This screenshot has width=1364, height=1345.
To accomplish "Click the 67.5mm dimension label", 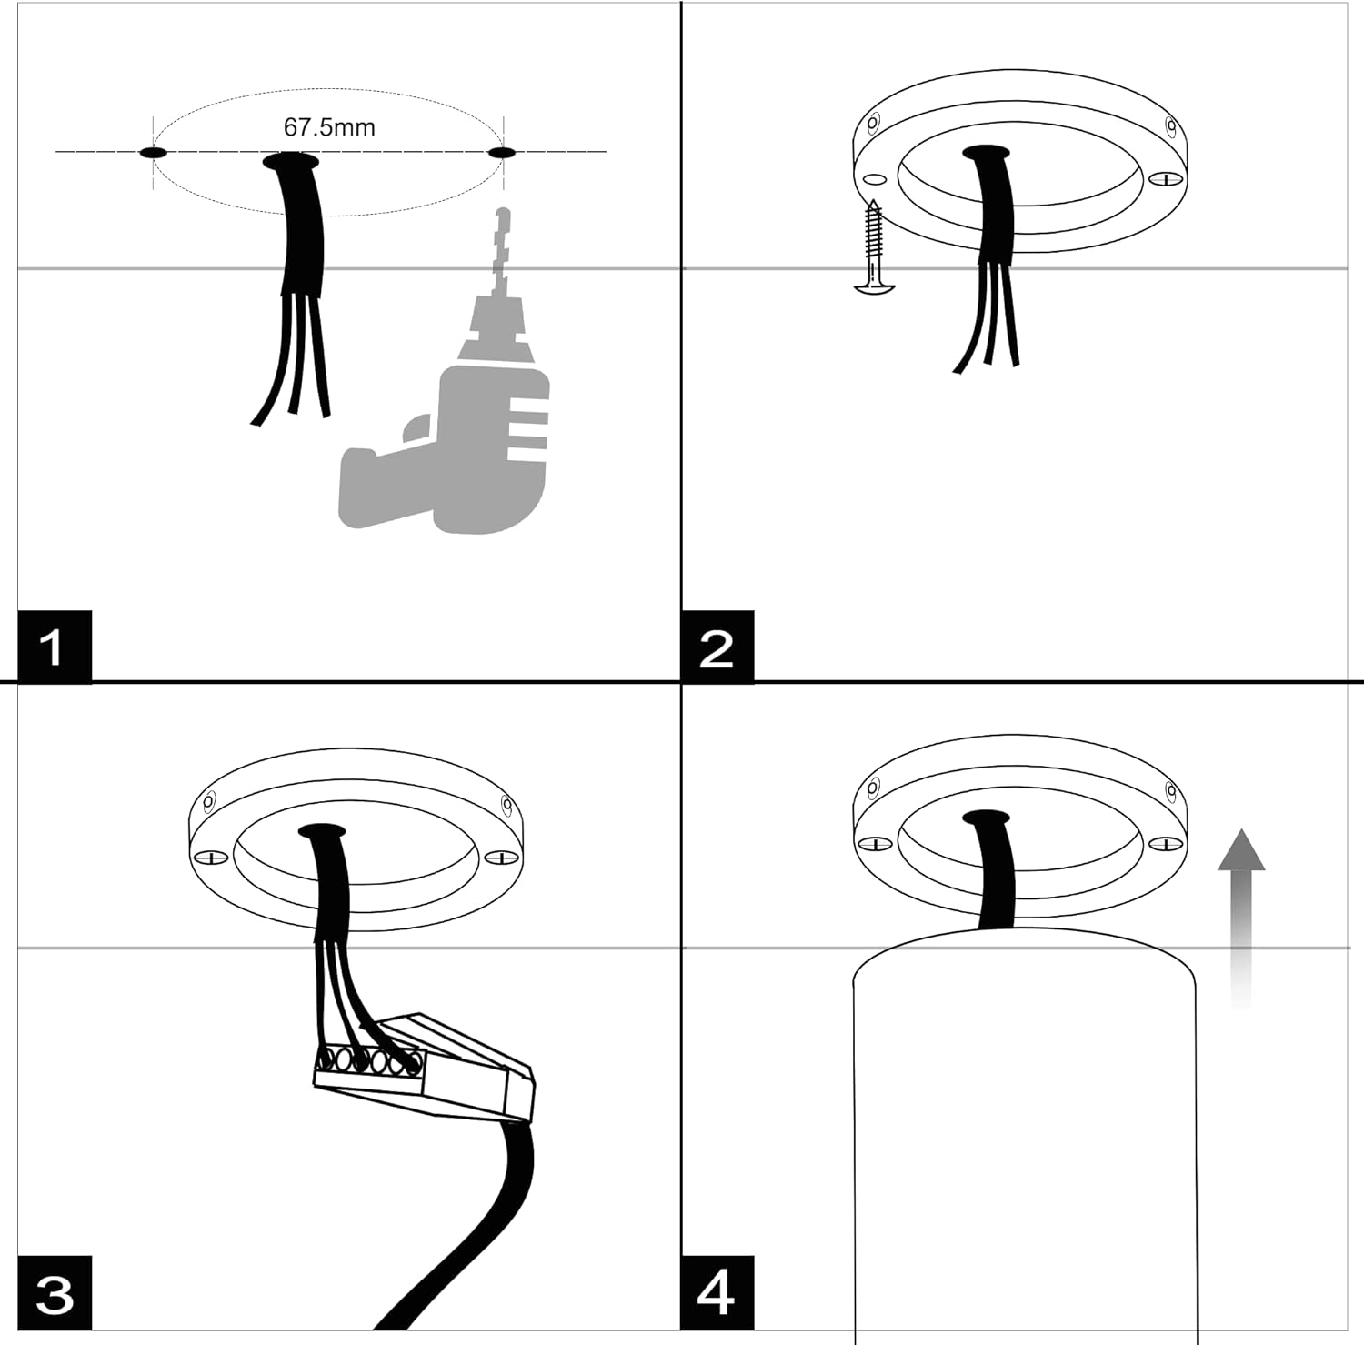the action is click(329, 127).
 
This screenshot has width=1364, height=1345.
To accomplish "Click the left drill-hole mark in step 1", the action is click(153, 153).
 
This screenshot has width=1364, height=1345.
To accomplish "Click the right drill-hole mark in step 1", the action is click(502, 153).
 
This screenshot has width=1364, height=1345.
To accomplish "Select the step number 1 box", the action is click(55, 647).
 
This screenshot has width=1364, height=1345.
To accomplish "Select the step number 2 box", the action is click(717, 647).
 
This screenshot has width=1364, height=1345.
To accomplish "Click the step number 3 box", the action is click(55, 1292).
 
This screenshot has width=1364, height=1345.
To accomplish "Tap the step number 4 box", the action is click(717, 1292).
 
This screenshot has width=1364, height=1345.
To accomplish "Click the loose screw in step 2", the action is click(875, 246).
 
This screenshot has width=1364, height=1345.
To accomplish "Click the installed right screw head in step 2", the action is click(1163, 179).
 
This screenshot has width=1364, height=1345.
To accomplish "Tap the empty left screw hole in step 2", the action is click(875, 179).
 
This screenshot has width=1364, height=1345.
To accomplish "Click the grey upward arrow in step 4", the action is click(1241, 918).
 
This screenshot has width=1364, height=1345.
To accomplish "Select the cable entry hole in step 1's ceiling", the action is click(291, 162).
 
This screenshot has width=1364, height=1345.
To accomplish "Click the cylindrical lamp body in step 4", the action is click(1025, 1137).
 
